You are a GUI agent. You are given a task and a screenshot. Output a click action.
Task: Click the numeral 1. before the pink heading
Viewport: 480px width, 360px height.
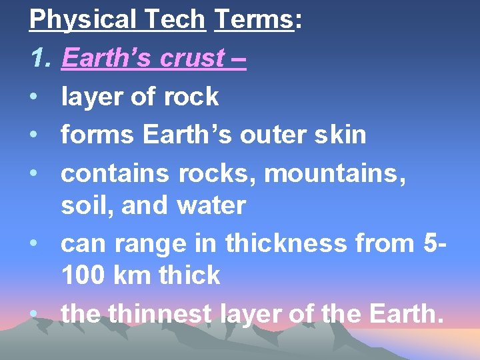(41, 59)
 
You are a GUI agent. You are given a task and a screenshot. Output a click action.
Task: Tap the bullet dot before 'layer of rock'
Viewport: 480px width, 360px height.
(34, 97)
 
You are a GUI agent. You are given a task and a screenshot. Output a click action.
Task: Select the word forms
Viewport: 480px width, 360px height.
(98, 135)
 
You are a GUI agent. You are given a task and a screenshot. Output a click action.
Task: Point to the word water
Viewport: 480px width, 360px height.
(211, 205)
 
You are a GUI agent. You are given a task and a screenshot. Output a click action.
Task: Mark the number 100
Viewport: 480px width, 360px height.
(83, 275)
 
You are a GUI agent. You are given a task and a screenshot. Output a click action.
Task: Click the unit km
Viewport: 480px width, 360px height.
(132, 275)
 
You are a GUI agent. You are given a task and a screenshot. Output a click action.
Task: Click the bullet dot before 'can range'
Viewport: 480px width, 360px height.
(34, 243)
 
